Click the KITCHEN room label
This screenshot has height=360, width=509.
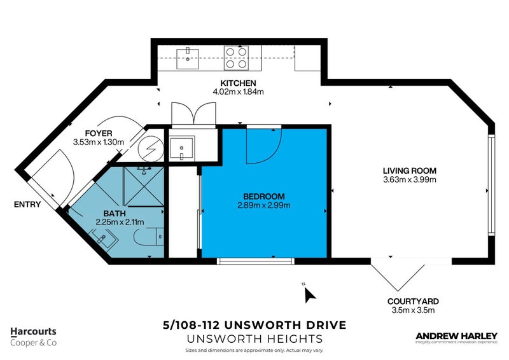(238, 83)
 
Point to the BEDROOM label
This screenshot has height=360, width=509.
(264, 196)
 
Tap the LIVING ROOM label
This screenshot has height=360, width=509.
(409, 170)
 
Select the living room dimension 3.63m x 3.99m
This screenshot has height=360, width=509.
(409, 179)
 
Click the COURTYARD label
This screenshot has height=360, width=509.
(413, 301)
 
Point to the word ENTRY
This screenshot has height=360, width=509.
(28, 205)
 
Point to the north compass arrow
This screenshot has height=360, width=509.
(310, 294)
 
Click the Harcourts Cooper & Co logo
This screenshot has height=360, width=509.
(33, 336)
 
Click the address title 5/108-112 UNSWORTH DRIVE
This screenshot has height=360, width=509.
(254, 325)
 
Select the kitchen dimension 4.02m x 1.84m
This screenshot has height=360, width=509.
(238, 92)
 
